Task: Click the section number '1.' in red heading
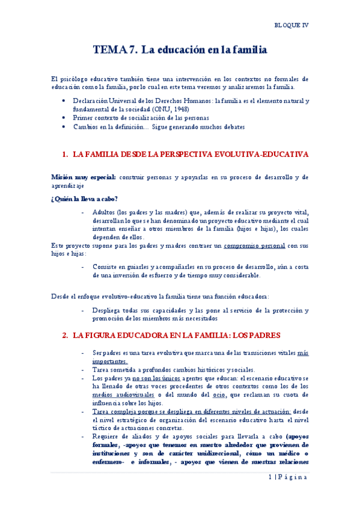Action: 65,155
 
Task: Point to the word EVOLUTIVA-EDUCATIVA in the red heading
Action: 263,155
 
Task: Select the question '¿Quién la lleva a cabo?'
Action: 84,199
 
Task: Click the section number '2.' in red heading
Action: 65,334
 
